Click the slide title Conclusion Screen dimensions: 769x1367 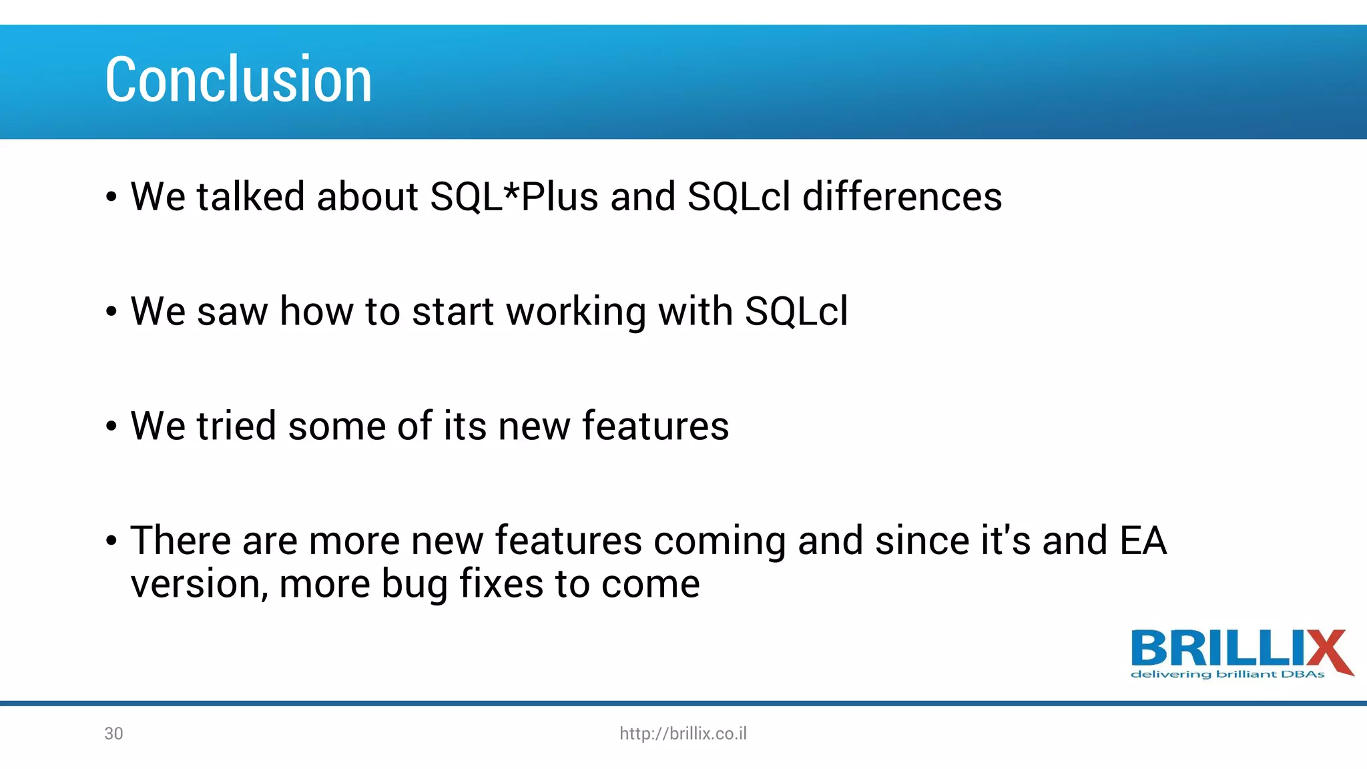coord(238,79)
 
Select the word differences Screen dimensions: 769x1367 coord(902,197)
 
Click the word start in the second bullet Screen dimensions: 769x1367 coord(453,312)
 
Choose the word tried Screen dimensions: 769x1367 coord(236,426)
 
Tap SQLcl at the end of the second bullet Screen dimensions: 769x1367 coord(796,312)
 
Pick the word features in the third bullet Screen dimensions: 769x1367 coord(655,426)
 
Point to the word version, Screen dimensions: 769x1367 coord(199,585)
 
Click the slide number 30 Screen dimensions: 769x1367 coord(113,734)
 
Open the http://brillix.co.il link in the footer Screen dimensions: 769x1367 coord(683,734)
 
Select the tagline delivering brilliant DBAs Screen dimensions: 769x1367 coord(1227,675)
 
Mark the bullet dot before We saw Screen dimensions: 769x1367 coord(111,312)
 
